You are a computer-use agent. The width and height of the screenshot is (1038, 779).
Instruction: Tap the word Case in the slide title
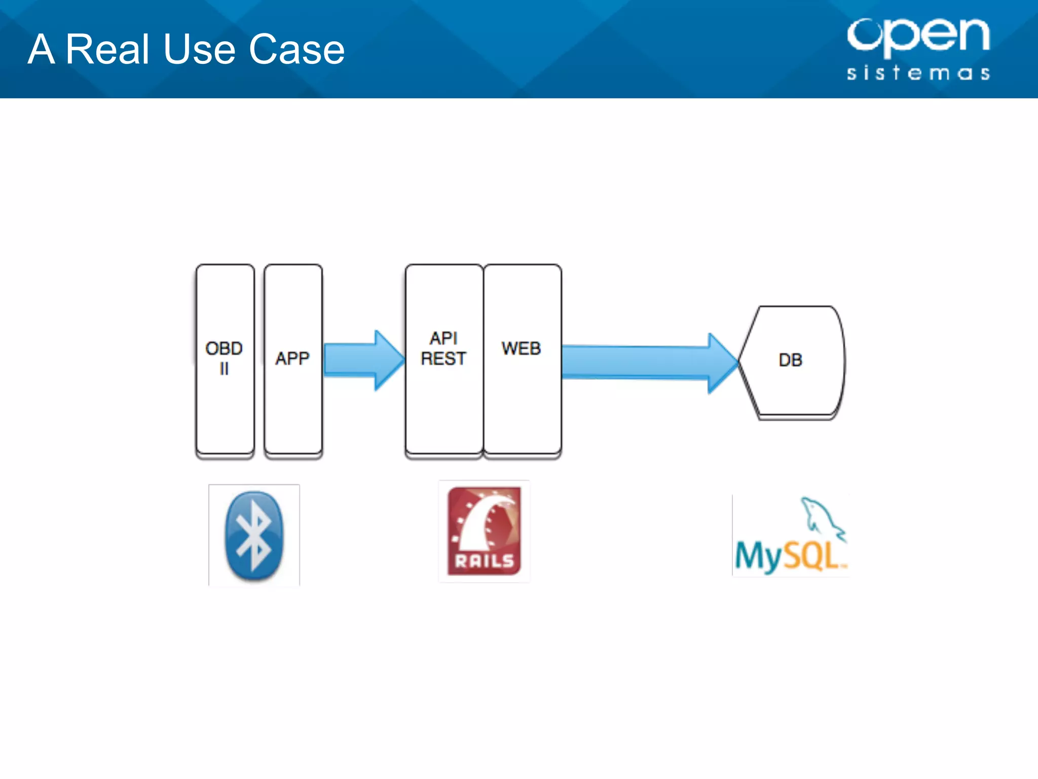[296, 49]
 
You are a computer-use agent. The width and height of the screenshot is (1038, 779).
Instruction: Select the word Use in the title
[199, 49]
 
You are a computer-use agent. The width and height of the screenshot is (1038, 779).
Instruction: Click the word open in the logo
[918, 36]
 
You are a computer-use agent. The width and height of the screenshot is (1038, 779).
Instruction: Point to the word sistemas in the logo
[918, 73]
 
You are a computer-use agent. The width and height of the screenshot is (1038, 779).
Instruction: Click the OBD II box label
[224, 358]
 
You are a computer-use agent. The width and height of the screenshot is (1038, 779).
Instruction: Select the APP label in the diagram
[292, 359]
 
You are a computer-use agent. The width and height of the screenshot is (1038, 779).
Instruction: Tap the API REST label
[443, 348]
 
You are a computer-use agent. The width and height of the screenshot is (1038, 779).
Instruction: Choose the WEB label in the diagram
[521, 348]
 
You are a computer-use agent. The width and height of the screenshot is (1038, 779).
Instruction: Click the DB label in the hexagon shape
[790, 360]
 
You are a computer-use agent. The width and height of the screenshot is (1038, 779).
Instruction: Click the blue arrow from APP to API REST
[362, 360]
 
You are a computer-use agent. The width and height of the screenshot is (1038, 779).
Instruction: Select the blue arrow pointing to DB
[649, 362]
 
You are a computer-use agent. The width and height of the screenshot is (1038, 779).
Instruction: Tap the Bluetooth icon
[254, 535]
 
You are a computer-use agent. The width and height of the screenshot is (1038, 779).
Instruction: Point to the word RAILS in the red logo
[484, 561]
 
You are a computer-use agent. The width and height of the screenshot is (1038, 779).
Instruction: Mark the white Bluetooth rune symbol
[255, 535]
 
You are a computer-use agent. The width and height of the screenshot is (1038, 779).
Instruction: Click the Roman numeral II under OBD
[224, 369]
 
